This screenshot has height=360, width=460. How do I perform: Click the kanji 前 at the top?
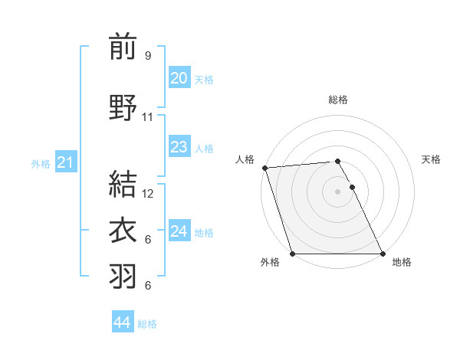coord(123,47)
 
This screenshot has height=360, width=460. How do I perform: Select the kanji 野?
coord(123,108)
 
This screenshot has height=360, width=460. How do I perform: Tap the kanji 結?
coord(123,185)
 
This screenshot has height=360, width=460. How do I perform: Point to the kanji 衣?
coord(123,231)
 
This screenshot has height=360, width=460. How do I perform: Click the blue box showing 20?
coord(179,78)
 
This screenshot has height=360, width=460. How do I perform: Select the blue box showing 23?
coord(179,147)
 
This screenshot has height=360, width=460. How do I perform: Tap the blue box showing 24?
coord(179,231)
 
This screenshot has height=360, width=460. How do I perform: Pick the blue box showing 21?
coord(65,162)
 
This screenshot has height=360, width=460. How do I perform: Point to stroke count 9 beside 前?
coord(148,56)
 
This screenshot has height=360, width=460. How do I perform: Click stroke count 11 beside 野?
coord(148,117)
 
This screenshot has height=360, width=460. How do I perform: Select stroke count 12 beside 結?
coord(149,194)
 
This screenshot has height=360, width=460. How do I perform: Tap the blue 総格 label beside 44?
coord(147,324)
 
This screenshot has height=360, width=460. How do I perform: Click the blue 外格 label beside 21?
coord(41,163)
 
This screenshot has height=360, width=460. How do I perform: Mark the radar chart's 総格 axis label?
coord(338,100)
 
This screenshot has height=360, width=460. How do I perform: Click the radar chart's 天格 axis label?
coord(431,159)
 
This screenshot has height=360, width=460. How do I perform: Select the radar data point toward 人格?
coord(264,168)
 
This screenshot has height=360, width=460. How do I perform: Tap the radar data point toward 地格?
coord(383,254)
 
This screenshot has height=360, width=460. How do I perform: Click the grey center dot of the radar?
coord(338,191)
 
